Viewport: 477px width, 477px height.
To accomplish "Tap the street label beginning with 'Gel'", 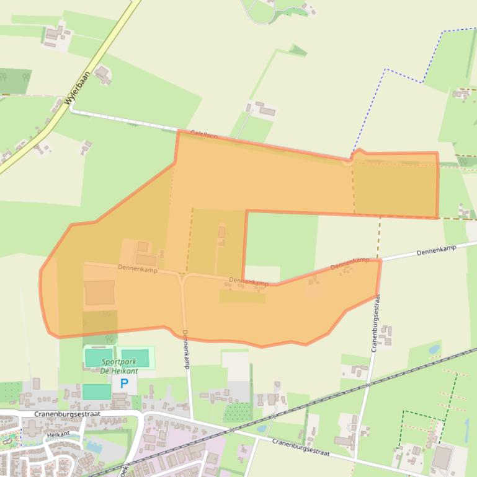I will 204,134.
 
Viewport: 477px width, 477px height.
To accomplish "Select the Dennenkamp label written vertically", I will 187,350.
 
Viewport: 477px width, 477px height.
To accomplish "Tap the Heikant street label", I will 59,435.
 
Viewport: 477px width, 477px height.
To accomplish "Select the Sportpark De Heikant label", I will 118,365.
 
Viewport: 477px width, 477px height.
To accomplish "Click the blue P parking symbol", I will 124,383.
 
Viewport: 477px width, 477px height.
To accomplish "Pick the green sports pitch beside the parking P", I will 96,392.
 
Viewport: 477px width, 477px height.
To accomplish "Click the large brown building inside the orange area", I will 99,292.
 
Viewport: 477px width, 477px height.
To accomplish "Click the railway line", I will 310,406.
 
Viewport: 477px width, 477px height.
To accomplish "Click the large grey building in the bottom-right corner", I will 442,458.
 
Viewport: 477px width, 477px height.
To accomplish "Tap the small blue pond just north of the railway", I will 434,350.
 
